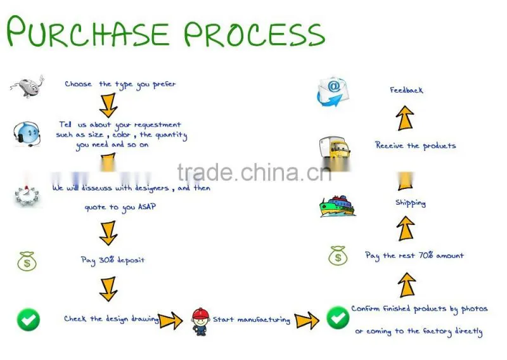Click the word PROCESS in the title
point(255,34)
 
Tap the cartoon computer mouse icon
point(27,86)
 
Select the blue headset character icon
point(27,134)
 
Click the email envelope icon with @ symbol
point(333,91)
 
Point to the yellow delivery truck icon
point(335,148)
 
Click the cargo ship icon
point(337,206)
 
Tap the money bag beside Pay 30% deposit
point(27,261)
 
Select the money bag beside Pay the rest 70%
point(338,255)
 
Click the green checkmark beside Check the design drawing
point(29,319)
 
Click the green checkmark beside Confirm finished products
point(338,318)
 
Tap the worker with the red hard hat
point(200,321)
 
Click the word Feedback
point(406,90)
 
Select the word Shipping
point(411,203)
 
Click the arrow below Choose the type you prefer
point(108,105)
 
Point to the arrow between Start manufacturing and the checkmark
point(307,320)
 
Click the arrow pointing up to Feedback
point(405,118)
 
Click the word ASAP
point(147,207)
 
